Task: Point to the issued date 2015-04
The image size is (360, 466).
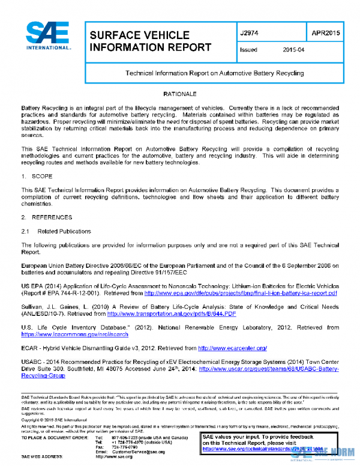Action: click(293, 50)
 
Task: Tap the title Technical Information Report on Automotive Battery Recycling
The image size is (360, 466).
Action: click(214, 73)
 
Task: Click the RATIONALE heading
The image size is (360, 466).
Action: click(180, 96)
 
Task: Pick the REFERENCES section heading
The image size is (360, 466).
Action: click(50, 217)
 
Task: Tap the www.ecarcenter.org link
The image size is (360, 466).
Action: click(232, 348)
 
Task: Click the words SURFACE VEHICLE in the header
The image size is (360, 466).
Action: click(139, 35)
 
